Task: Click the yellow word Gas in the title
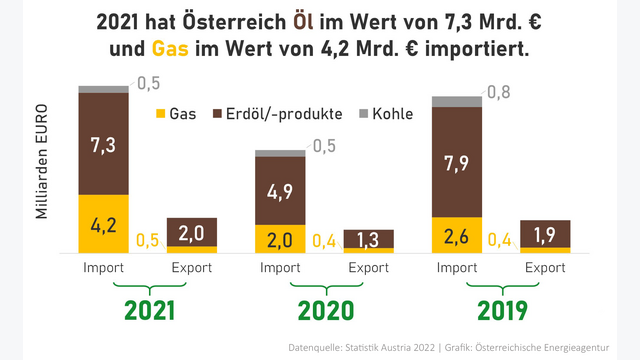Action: pos(170,48)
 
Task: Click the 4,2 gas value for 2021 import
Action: pos(104,223)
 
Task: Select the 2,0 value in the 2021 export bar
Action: pos(191,232)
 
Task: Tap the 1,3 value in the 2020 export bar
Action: pos(368,238)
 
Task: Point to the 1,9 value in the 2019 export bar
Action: pos(545,234)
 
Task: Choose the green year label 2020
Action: pos(324,310)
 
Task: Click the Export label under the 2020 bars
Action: pos(368,268)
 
